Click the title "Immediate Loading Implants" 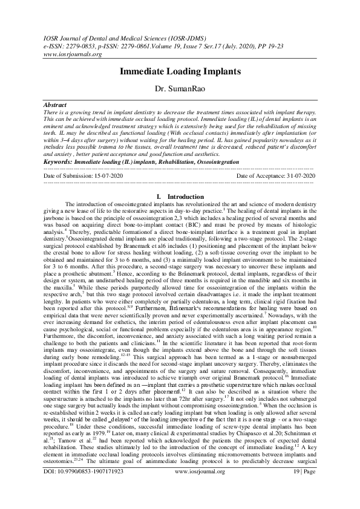click(180, 71)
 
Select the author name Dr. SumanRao click(180, 89)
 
